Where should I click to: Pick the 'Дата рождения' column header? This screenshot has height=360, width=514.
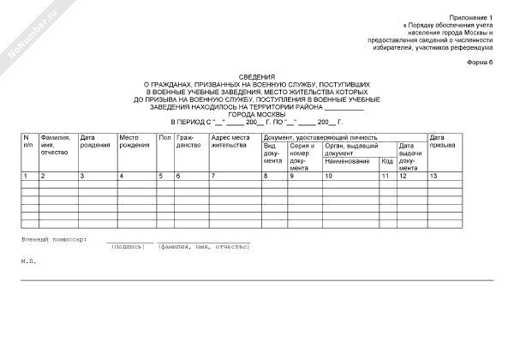94,141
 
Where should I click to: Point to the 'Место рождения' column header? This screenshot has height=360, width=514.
134,141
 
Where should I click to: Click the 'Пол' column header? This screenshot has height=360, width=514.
164,137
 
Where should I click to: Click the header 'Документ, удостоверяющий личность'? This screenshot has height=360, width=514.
320,137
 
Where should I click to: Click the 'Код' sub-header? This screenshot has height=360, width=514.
386,161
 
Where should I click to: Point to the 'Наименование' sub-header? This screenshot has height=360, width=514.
347,161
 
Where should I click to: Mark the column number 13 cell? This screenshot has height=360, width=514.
434,176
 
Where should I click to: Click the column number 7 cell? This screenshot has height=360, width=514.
213,176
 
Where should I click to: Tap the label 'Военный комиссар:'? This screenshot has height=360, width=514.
54,239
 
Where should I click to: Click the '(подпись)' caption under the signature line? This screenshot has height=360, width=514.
128,246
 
